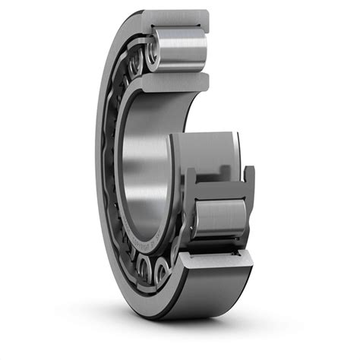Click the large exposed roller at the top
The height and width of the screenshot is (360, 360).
(181, 51)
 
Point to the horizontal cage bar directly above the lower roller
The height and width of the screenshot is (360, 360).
(220, 187)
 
